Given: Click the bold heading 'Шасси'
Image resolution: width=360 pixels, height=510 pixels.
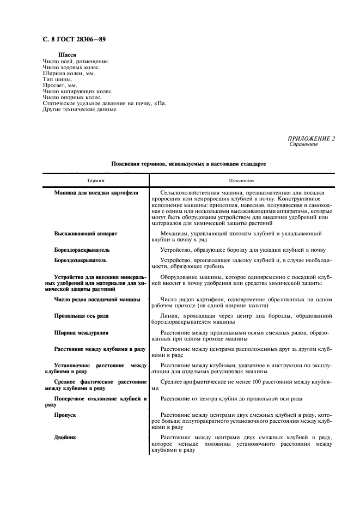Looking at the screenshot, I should (x=66, y=55).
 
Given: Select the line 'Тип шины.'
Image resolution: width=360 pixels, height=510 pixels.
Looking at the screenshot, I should (x=57, y=80).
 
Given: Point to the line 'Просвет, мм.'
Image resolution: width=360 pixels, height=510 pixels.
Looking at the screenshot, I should (x=60, y=86).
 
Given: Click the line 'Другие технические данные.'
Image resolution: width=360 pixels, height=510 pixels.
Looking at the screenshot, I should (x=80, y=110).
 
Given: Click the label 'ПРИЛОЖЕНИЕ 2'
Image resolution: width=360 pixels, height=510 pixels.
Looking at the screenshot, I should (x=312, y=138).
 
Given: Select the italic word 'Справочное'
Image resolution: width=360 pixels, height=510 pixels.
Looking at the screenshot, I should (x=303, y=144).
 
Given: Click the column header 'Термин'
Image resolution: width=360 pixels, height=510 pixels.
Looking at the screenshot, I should (x=95, y=180).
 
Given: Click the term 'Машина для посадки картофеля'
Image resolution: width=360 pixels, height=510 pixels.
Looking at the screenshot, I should (x=96, y=193).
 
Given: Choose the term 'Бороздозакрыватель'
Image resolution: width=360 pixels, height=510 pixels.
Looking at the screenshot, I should (x=80, y=260).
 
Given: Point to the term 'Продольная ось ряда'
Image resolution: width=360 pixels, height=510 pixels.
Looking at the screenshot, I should (x=81, y=315).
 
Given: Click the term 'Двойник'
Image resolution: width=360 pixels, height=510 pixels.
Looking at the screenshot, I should (x=65, y=437).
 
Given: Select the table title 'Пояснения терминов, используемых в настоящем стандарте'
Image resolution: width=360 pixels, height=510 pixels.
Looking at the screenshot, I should (x=188, y=163).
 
